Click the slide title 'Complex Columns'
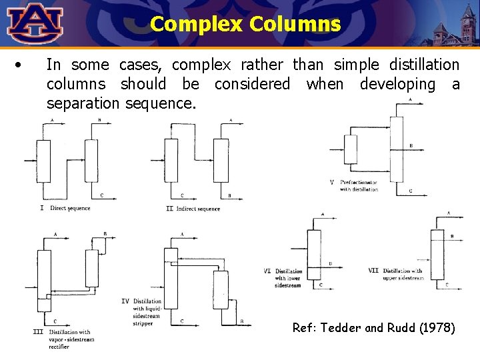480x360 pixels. (245, 25)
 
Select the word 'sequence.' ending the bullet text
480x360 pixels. (164, 104)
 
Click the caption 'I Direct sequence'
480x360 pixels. (65, 209)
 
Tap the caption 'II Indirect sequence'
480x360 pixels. (193, 209)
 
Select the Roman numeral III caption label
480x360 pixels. (38, 331)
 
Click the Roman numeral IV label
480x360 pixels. (125, 301)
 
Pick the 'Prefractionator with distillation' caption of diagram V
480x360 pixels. (359, 185)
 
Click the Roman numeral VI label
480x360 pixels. (267, 271)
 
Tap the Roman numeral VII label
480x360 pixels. (373, 271)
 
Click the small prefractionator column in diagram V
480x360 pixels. (351, 149)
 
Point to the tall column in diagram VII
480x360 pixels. (437, 254)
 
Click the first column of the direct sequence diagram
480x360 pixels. (43, 160)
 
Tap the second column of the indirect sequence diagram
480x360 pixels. (221, 160)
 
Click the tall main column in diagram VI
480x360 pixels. (314, 253)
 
